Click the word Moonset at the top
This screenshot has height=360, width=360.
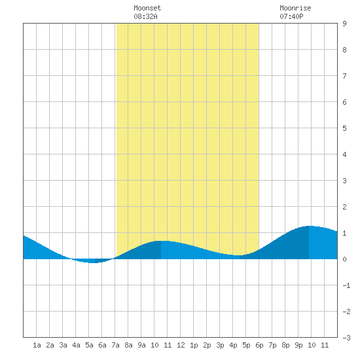(147, 8)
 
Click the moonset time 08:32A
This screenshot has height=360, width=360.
(145, 16)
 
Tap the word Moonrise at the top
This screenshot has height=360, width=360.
(295, 8)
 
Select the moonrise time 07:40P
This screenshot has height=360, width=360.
(291, 16)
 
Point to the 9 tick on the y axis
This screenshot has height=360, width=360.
(344, 24)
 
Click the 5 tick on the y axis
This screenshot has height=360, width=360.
(344, 128)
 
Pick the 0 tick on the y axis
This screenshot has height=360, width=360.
(344, 259)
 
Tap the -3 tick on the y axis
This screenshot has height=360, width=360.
(346, 338)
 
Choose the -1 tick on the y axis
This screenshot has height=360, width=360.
(346, 285)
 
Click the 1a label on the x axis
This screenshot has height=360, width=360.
(37, 345)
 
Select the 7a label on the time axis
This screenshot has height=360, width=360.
(115, 345)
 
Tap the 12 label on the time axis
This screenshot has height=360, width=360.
(181, 345)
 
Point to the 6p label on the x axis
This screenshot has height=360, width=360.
(259, 345)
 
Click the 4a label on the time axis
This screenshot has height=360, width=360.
(76, 345)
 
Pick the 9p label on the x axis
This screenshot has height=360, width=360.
(298, 345)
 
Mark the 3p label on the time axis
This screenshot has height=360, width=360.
(220, 345)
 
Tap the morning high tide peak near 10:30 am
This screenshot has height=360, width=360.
(161, 241)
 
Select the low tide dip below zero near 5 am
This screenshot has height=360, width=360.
(95, 262)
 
